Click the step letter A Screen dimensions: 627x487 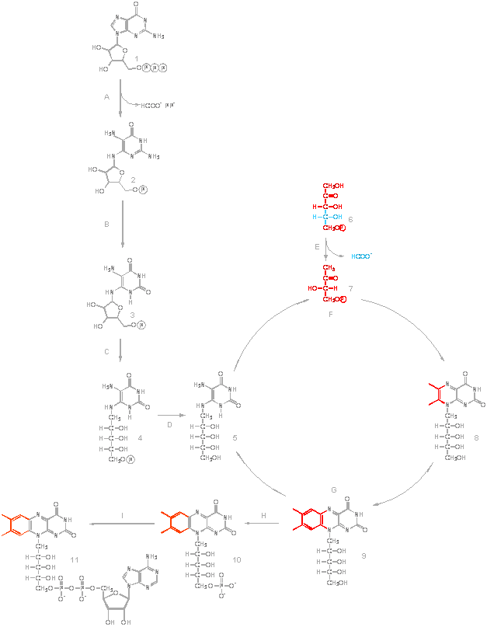point(106,96)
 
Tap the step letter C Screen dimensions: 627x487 point(107,350)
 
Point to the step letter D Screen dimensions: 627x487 point(169,425)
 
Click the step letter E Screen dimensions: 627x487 point(317,246)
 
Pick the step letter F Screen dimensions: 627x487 point(332,316)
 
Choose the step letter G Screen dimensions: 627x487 point(333,490)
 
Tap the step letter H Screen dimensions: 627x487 point(264,516)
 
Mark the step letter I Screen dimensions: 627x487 point(122,516)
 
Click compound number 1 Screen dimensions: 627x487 point(137,58)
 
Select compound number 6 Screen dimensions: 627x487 point(350,220)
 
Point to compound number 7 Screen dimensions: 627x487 point(350,288)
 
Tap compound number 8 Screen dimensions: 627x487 point(476,438)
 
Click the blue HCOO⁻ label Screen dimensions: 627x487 point(361,256)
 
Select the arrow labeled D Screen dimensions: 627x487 point(170,416)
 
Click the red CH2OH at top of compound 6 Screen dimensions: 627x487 point(334,186)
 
